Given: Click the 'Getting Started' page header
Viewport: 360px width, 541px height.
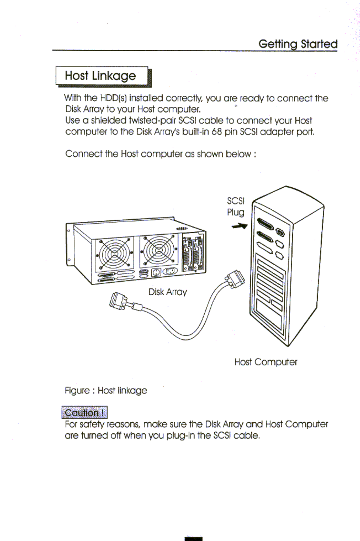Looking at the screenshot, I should [x=298, y=44].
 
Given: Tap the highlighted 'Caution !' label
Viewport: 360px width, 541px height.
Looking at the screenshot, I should [x=84, y=413].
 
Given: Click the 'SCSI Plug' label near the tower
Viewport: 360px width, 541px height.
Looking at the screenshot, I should [x=236, y=206].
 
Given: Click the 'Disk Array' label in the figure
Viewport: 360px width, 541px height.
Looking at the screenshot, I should [x=167, y=292].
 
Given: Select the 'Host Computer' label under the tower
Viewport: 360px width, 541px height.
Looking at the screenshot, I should [x=266, y=362].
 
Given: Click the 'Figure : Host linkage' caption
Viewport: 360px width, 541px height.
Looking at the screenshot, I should [x=106, y=390].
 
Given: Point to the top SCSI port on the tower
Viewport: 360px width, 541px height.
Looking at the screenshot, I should [x=266, y=224].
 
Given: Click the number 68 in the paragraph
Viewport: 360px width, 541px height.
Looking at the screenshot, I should [x=217, y=132].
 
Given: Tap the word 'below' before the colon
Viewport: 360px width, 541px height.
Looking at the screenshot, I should [x=238, y=154].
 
